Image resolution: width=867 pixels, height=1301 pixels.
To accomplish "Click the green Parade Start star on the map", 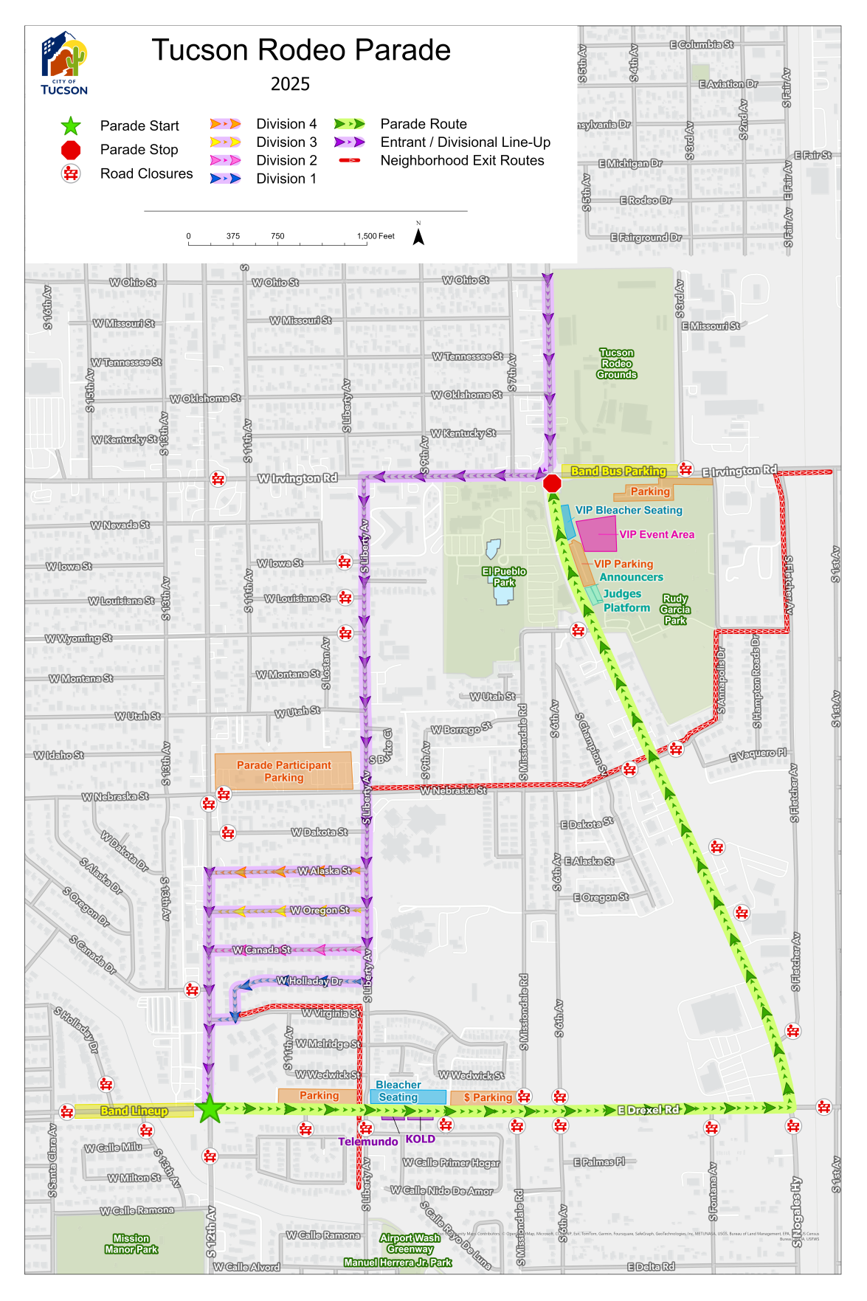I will (x=210, y=1108).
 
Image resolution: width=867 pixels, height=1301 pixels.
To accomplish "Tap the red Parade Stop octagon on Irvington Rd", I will (x=552, y=483).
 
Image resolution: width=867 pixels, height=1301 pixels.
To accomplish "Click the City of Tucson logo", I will (x=64, y=64).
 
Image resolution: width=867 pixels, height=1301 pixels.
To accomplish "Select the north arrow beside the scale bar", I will (x=418, y=236).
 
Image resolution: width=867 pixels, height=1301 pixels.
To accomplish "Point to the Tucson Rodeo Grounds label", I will (x=617, y=364).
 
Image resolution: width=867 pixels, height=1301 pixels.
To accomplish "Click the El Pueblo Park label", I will (x=504, y=576).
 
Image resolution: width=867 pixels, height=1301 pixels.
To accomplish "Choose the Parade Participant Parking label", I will (x=284, y=771).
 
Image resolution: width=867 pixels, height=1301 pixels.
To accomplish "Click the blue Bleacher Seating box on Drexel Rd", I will (x=408, y=1097).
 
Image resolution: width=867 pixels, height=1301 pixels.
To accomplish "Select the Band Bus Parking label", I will (x=618, y=471).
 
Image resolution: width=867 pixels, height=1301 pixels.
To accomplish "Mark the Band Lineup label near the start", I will (x=134, y=1111).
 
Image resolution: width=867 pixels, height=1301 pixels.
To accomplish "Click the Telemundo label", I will (x=368, y=1142).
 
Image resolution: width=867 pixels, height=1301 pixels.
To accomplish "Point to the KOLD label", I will (x=421, y=1139).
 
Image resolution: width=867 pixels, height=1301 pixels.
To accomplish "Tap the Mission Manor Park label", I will (x=131, y=1243).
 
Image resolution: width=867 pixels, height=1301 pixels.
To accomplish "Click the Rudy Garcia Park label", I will (x=675, y=610).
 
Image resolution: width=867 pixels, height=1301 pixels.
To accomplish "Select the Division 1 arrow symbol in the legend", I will (x=225, y=179).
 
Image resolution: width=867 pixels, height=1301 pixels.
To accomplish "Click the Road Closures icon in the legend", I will (x=71, y=173).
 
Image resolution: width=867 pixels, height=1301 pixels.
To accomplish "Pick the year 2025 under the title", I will (x=290, y=84).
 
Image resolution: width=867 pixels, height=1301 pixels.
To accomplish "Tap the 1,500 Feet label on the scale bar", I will (x=376, y=236).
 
